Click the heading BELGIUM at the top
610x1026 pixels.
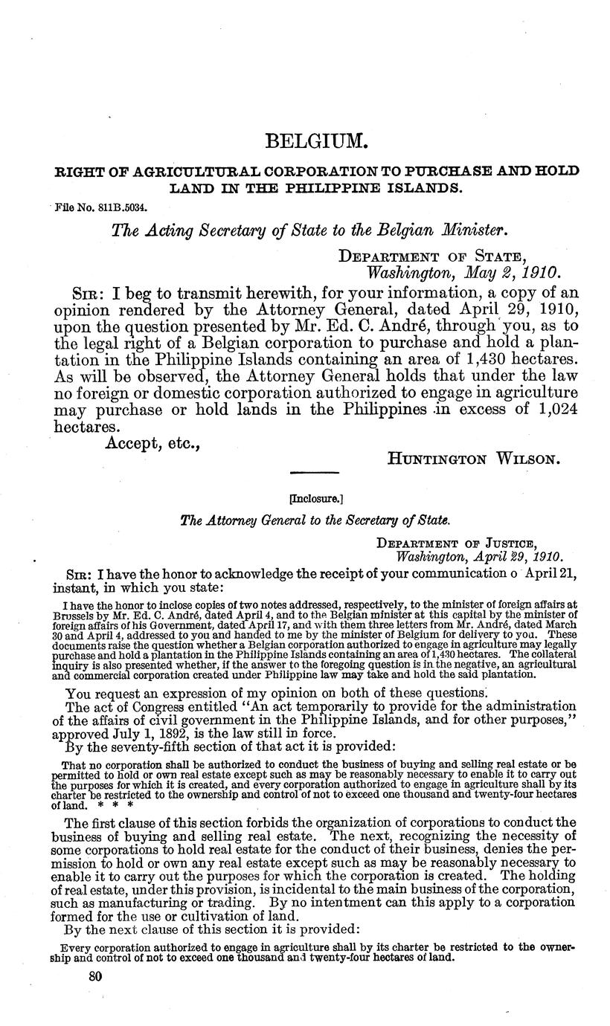pyautogui.click(x=306, y=140)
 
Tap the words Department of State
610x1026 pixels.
pyautogui.click(x=444, y=256)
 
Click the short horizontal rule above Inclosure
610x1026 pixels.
pyautogui.click(x=315, y=473)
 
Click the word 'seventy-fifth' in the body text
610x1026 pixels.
pyautogui.click(x=158, y=745)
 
